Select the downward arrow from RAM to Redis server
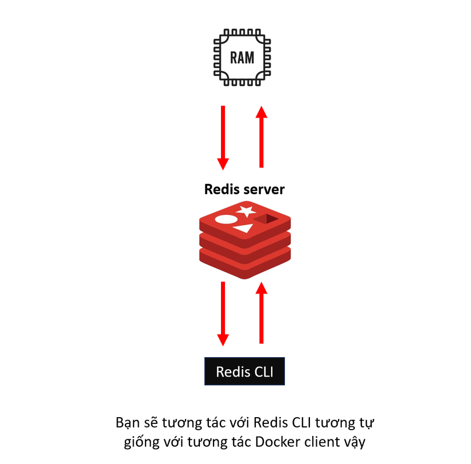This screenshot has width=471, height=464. (223, 137)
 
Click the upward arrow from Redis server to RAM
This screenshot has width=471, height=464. (261, 137)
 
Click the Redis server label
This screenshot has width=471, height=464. (244, 189)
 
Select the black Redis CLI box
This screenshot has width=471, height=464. (244, 372)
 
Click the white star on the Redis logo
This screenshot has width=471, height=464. (247, 211)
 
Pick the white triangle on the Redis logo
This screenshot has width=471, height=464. (244, 229)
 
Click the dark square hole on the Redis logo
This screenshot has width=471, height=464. (266, 219)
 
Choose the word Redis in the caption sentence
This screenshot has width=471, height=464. (270, 423)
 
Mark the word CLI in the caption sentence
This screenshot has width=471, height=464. (303, 423)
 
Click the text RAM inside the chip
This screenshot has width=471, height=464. (242, 58)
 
